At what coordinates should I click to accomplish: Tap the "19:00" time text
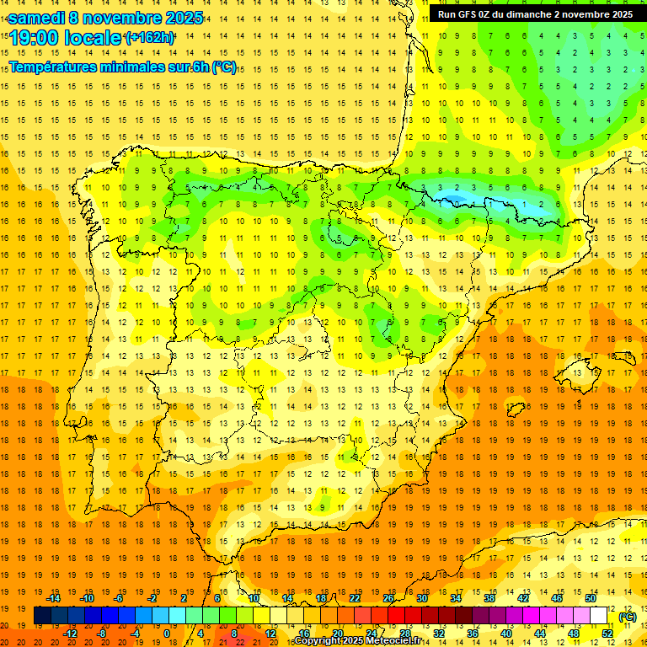tap(35, 39)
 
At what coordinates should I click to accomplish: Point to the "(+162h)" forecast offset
tap(149, 38)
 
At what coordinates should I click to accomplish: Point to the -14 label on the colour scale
tap(54, 598)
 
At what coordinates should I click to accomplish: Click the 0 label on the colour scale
tap(168, 634)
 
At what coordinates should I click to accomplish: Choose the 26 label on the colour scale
tap(388, 598)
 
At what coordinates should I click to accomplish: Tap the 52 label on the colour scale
tap(607, 634)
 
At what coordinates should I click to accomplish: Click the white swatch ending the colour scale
tap(598, 616)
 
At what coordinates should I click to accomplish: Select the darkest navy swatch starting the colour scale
tap(42, 616)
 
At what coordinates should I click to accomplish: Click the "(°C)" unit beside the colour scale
tap(627, 616)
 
